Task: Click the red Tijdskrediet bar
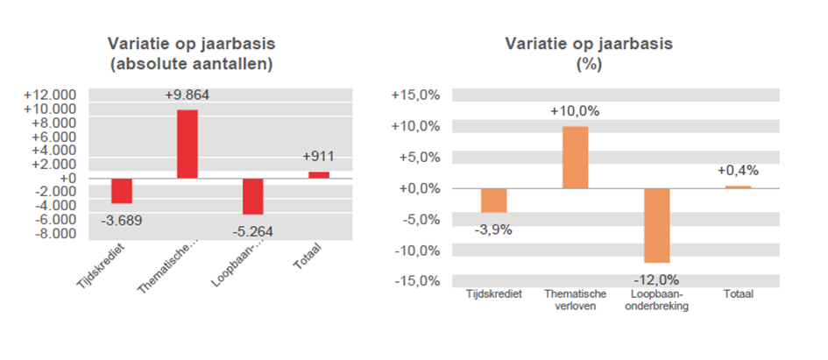[121, 190]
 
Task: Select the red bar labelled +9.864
[188, 144]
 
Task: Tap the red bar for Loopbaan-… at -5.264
[253, 196]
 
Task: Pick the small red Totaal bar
[319, 174]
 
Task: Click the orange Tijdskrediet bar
[493, 201]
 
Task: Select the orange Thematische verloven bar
[575, 158]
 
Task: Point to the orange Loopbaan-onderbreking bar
[656, 225]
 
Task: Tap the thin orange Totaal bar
[738, 187]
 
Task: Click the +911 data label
[319, 157]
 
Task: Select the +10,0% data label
[575, 111]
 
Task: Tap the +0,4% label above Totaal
[738, 170]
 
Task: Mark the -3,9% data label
[493, 229]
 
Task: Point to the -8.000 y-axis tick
[54, 234]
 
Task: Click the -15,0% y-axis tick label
[414, 281]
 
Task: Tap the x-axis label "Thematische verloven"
[575, 300]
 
